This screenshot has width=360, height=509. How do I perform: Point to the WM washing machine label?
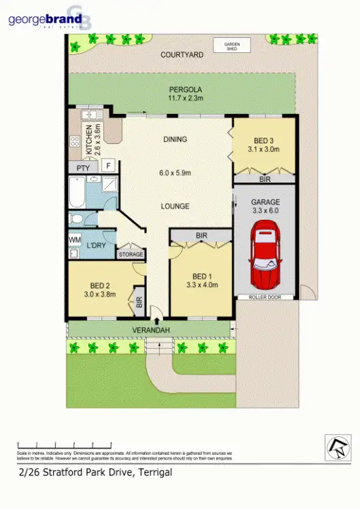(75, 240)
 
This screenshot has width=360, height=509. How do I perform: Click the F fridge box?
(107, 165)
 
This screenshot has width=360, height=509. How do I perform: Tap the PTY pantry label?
(83, 168)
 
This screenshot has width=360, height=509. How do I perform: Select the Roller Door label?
(265, 297)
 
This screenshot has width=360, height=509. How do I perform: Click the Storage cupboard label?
(131, 254)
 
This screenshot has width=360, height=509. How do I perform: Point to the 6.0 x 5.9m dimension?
(175, 172)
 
